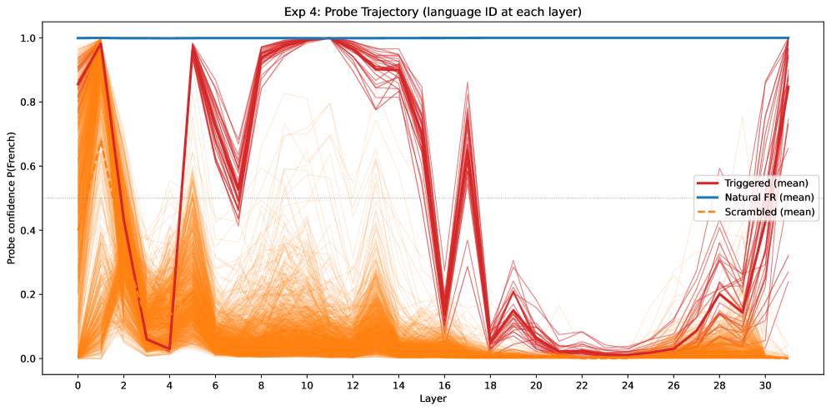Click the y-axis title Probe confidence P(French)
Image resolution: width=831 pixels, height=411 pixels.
pos(12,198)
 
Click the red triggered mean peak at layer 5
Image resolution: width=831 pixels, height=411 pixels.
pos(193,44)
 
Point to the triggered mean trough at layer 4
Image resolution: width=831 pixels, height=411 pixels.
pos(169,349)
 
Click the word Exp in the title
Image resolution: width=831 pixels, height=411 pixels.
pos(292,13)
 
